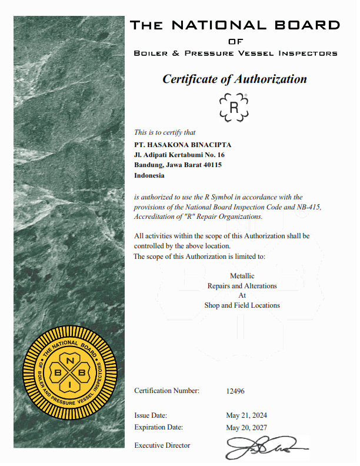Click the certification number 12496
click(235, 391)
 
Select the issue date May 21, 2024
click(246, 415)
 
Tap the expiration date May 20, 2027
click(246, 427)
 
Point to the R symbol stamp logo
click(234, 107)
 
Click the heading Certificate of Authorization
click(235, 79)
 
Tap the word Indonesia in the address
click(149, 175)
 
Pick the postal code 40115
click(211, 165)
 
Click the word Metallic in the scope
click(242, 275)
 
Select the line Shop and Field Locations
click(242, 305)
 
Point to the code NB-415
click(309, 207)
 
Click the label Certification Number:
click(166, 391)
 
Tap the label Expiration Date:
click(158, 427)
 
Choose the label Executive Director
click(162, 445)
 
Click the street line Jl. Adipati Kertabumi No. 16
click(179, 155)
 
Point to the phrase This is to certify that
click(165, 132)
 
